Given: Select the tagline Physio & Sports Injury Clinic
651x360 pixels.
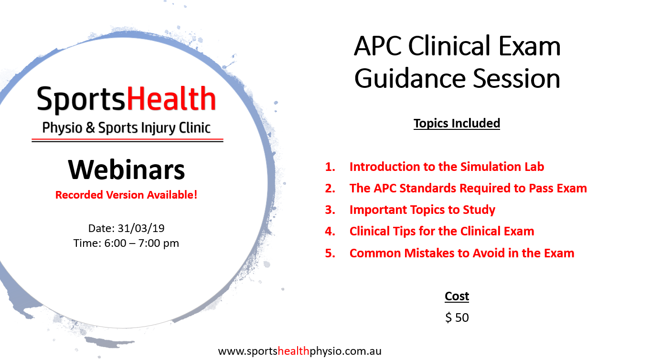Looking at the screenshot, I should coord(126,128).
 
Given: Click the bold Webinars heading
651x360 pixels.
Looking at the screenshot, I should coord(127,169).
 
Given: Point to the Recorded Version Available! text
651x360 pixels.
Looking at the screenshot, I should coord(126,195).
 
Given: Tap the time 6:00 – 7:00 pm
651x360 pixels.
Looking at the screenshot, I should coord(126,243).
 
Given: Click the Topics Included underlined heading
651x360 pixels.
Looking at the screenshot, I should coord(457,123).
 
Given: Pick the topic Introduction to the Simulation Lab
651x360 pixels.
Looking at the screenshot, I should coord(447,167).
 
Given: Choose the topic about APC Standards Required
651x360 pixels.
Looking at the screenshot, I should coord(468,188).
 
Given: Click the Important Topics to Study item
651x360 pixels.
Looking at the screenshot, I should coord(422,210).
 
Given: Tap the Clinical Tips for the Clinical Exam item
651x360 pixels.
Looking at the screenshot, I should coord(442,232).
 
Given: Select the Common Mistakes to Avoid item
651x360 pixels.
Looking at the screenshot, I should coord(462,253).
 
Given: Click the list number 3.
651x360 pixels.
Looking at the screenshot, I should coord(330,210).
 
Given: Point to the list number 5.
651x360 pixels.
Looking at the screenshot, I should coord(330,253).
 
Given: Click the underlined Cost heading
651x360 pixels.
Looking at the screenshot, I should coord(457,296).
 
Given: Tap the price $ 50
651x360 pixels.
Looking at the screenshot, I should coord(457,318).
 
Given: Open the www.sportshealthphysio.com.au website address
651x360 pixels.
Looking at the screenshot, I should coord(299,351).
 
